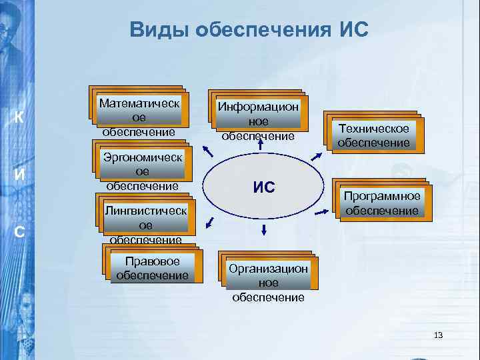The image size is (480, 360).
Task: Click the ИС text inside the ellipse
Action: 264,187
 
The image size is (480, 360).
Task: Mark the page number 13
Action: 438,335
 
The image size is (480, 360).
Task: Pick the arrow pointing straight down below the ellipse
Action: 264,229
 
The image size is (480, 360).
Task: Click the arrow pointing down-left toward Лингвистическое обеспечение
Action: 210,222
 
